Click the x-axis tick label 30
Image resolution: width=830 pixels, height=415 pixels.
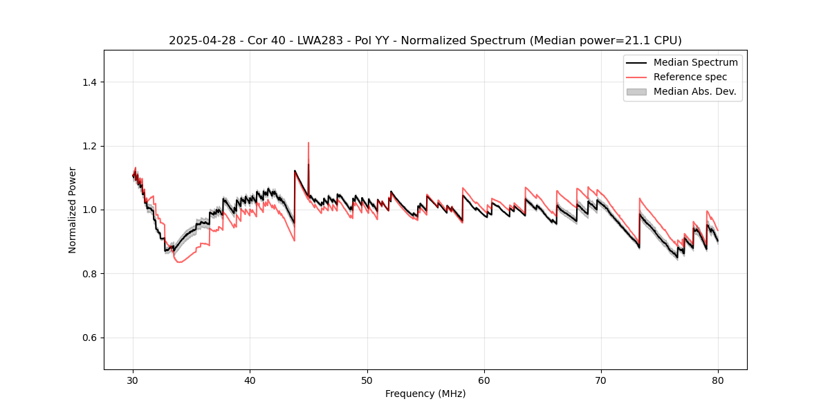tap(133, 380)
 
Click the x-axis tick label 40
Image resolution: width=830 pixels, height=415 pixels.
tap(250, 380)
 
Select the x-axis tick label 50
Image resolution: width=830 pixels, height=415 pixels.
tap(367, 380)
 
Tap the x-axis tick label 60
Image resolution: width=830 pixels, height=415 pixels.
tap(484, 380)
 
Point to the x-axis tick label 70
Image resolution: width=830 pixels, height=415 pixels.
tap(601, 380)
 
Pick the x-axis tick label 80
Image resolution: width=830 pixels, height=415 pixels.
tap(718, 380)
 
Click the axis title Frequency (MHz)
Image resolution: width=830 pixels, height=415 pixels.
tap(425, 394)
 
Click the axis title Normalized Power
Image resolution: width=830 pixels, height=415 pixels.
tap(73, 210)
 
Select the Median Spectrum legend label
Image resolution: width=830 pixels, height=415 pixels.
tap(695, 62)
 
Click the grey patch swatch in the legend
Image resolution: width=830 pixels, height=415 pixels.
tap(636, 91)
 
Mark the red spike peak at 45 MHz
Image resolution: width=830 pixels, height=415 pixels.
tap(308, 143)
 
